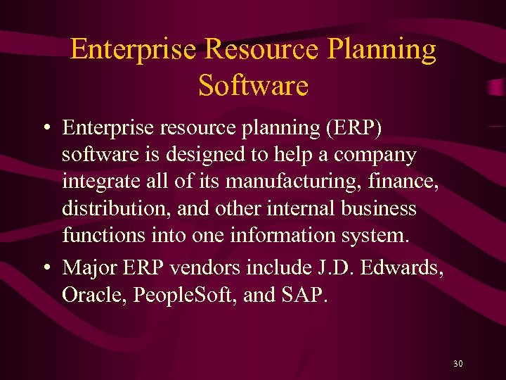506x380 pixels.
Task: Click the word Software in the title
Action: pyautogui.click(x=253, y=86)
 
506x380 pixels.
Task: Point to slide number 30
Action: pyautogui.click(x=458, y=364)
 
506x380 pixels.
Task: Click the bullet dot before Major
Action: pyautogui.click(x=46, y=269)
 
